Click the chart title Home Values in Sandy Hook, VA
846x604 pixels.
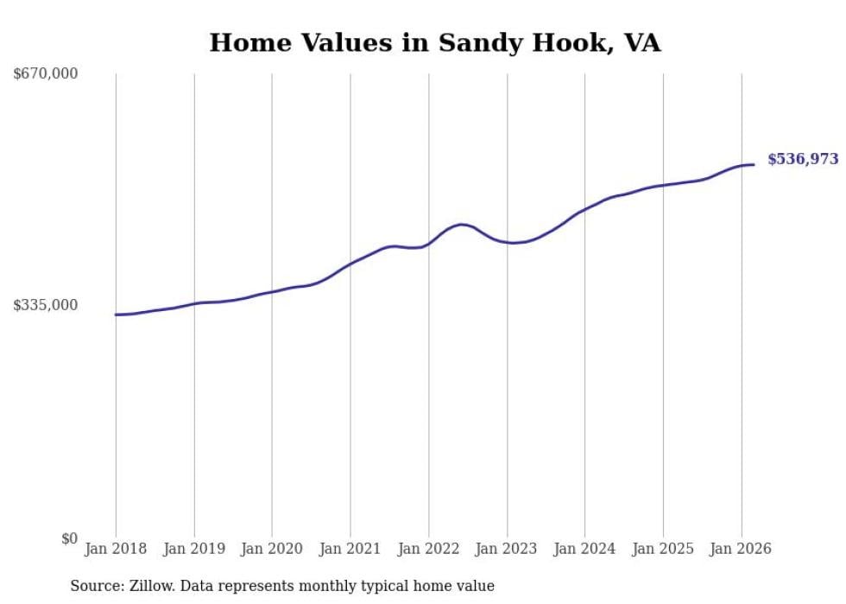click(x=435, y=42)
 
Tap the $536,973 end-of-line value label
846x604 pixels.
click(x=802, y=159)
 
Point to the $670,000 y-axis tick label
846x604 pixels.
click(x=46, y=74)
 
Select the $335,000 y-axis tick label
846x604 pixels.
click(x=46, y=305)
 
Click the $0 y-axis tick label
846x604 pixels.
click(x=69, y=538)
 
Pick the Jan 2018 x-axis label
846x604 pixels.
click(x=116, y=549)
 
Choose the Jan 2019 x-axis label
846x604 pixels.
click(x=194, y=549)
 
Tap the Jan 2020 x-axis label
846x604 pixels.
click(x=272, y=549)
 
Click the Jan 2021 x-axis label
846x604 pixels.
click(x=350, y=549)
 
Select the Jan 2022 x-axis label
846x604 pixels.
click(x=428, y=549)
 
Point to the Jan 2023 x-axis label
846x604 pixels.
click(x=507, y=549)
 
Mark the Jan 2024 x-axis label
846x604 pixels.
click(x=584, y=549)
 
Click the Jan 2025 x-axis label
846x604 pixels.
click(x=663, y=549)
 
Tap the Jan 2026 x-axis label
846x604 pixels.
click(x=741, y=549)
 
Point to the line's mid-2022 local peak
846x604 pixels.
click(x=462, y=225)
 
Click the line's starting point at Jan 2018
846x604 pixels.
click(x=116, y=315)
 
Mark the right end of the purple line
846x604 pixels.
click(x=754, y=164)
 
